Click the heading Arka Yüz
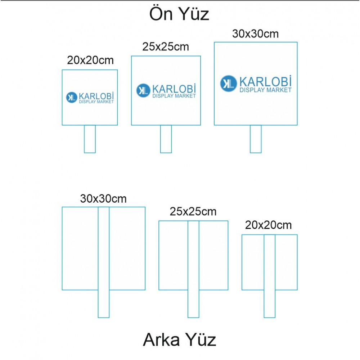coord(180,340)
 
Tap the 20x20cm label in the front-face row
coord(90,60)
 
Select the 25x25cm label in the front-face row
coord(166,47)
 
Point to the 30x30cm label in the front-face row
coord(255,34)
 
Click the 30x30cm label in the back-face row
coord(103,199)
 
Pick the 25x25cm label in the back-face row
coord(193,212)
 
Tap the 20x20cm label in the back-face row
coord(269,225)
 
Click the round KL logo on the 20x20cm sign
coord(71,97)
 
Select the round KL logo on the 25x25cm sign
coord(143,90)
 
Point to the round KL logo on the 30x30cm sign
coord(228,83)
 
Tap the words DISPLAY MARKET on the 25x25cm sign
coord(174,96)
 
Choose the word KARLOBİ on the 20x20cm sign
coord(96,96)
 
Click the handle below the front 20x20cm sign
coord(90,139)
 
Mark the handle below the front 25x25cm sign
coord(166,139)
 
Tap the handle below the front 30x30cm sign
coord(256,139)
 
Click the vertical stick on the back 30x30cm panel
coord(104,262)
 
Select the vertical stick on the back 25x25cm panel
coord(193,269)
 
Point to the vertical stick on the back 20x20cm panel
coord(270,276)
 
